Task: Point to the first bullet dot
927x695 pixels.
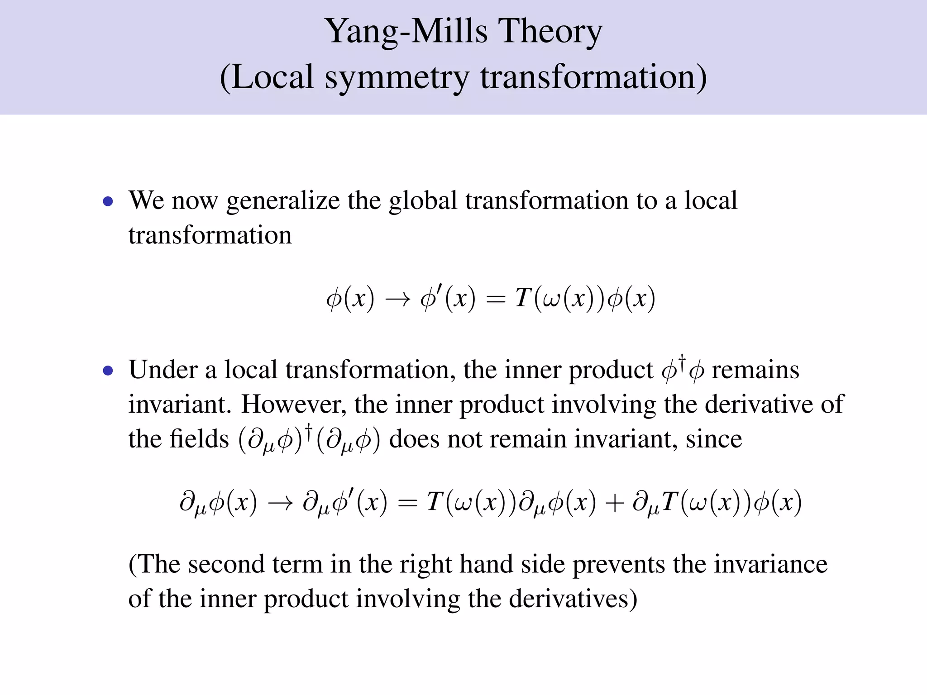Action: click(x=108, y=202)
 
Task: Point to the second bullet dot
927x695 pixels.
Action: click(x=108, y=371)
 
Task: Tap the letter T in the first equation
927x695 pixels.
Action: click(x=522, y=298)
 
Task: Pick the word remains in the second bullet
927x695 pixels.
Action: click(x=755, y=370)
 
